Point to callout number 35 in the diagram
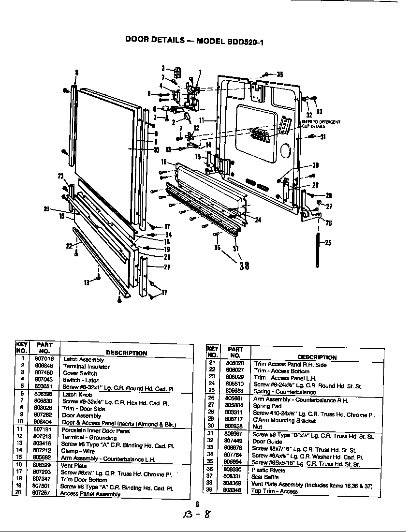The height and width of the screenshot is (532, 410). (x=279, y=74)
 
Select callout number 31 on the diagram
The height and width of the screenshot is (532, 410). (x=322, y=136)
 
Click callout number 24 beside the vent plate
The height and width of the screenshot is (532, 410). (x=258, y=220)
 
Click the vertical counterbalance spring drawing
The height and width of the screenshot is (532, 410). (x=317, y=250)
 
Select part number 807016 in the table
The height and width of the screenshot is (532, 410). (x=44, y=359)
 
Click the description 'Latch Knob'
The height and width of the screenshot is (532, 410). (x=77, y=394)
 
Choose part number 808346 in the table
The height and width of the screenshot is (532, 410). (x=235, y=490)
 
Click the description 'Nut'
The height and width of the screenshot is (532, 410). (x=257, y=427)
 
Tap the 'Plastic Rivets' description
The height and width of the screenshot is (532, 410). (x=268, y=470)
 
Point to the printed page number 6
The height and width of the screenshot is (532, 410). (x=197, y=503)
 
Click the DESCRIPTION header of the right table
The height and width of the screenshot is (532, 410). (x=317, y=357)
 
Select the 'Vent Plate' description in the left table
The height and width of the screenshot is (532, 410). (x=74, y=466)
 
